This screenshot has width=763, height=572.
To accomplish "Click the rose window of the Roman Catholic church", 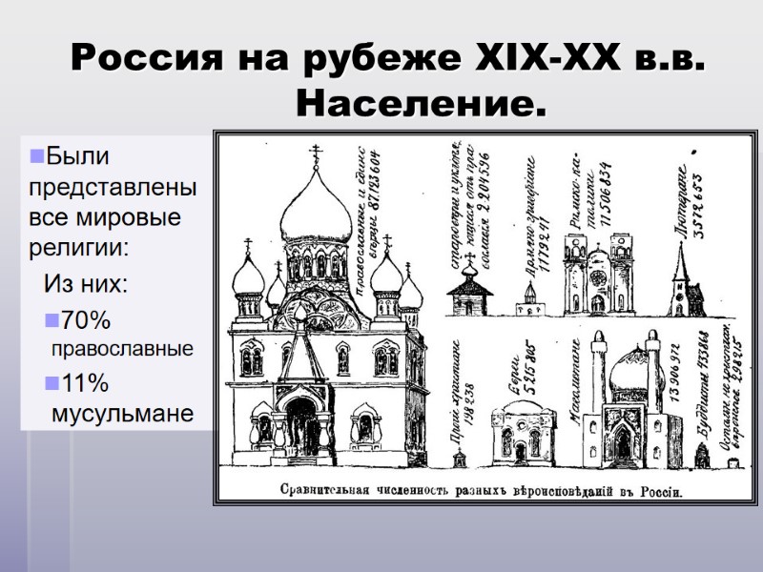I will tap(598, 277).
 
